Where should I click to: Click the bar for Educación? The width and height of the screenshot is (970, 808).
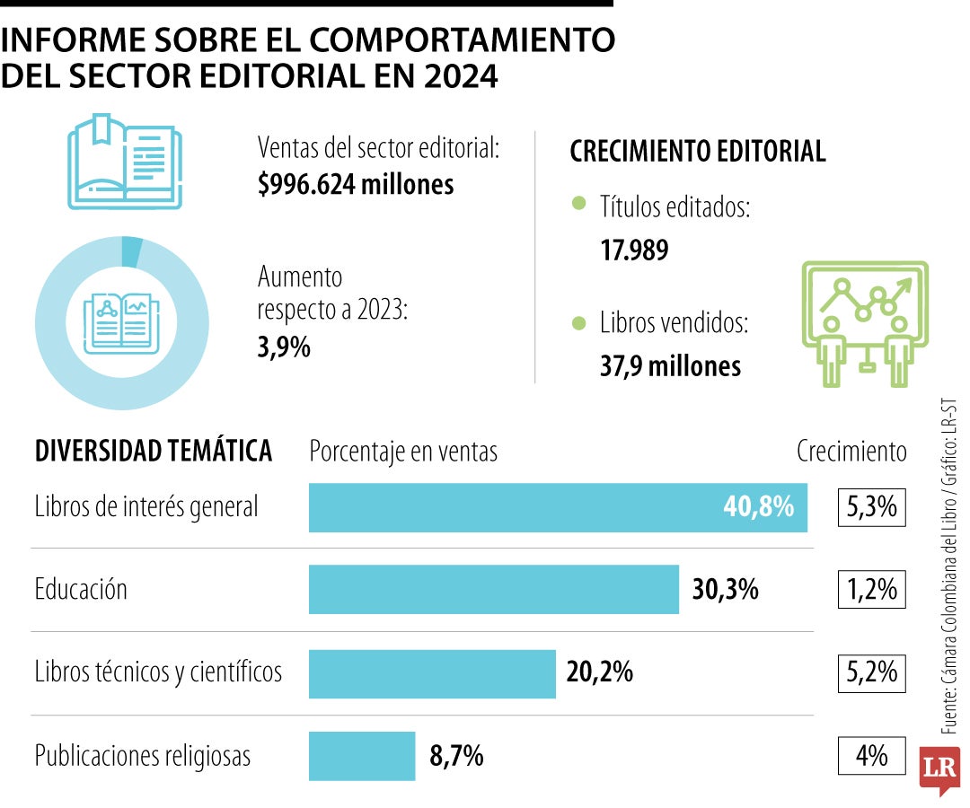pyautogui.click(x=493, y=589)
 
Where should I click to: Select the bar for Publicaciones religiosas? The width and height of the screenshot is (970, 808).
pyautogui.click(x=362, y=755)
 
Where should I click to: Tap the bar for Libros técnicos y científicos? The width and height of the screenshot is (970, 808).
pyautogui.click(x=432, y=672)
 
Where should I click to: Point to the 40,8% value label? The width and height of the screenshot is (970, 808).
pyautogui.click(x=758, y=507)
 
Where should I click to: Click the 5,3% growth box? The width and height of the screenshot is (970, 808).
pyautogui.click(x=871, y=507)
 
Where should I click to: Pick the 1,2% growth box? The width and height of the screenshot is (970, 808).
pyautogui.click(x=871, y=590)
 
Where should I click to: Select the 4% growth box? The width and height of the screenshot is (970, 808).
pyautogui.click(x=871, y=756)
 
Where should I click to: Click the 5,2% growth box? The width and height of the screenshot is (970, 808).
pyautogui.click(x=871, y=672)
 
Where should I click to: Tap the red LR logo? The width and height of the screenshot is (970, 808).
pyautogui.click(x=939, y=768)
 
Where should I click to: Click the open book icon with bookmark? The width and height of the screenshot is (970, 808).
pyautogui.click(x=125, y=162)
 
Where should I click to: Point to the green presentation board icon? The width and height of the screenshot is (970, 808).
pyautogui.click(x=863, y=323)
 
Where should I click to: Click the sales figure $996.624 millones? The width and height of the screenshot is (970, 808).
pyautogui.click(x=356, y=185)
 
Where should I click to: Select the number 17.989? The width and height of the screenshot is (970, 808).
pyautogui.click(x=634, y=250)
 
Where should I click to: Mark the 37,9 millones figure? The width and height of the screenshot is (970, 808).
pyautogui.click(x=670, y=365)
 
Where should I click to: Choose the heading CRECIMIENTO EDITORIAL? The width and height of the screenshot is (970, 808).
pyautogui.click(x=698, y=152)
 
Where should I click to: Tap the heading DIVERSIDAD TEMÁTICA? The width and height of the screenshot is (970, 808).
pyautogui.click(x=153, y=452)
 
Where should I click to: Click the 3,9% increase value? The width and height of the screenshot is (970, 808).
pyautogui.click(x=284, y=347)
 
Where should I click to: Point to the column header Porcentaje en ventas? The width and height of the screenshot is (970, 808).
pyautogui.click(x=403, y=452)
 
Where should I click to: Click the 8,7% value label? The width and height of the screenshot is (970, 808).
pyautogui.click(x=456, y=756)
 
